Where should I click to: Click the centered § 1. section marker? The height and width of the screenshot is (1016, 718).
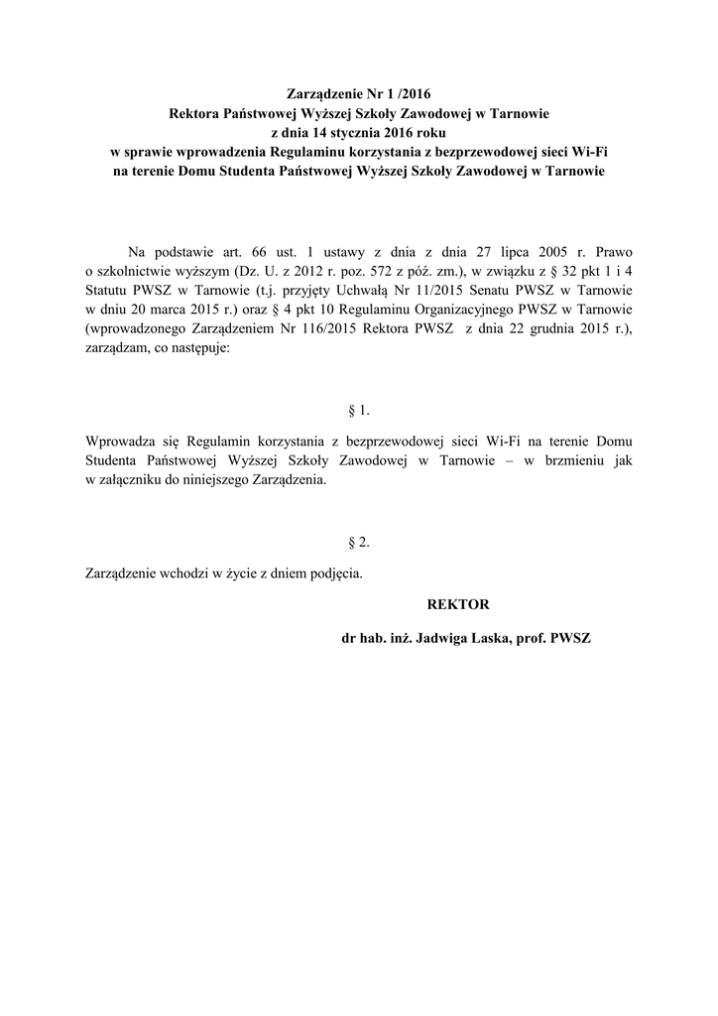359,410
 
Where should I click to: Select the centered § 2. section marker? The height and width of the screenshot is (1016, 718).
359,542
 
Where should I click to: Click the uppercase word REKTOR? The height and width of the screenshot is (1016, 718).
458,603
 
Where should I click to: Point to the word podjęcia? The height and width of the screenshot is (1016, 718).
335,574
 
